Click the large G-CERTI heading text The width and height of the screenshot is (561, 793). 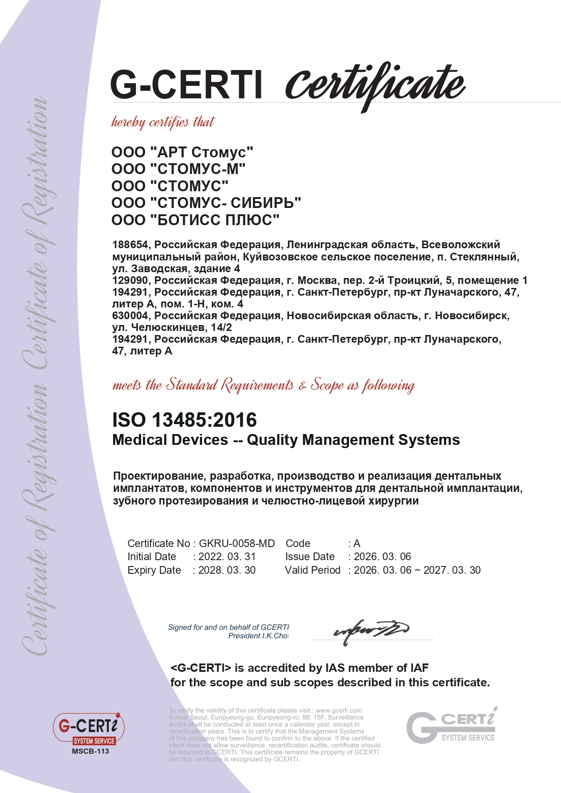coord(186,85)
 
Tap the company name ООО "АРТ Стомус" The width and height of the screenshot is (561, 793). coord(182,152)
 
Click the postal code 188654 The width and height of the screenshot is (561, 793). coord(130,245)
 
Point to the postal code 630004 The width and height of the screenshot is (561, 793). coord(130,315)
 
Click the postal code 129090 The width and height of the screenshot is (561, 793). coord(130,280)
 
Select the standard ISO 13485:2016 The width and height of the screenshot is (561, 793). coord(184,420)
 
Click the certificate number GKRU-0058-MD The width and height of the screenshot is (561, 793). coord(237,543)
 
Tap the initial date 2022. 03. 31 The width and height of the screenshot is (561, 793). coord(227,557)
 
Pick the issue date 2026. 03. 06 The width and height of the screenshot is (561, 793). coord(382,557)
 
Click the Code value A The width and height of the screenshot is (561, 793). coord(357,543)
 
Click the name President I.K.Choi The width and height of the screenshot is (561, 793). coord(258,636)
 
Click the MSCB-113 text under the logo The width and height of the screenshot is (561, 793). coord(90,751)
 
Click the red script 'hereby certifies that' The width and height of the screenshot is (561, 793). coord(163,122)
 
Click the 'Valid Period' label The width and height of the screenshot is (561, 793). coord(312,570)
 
